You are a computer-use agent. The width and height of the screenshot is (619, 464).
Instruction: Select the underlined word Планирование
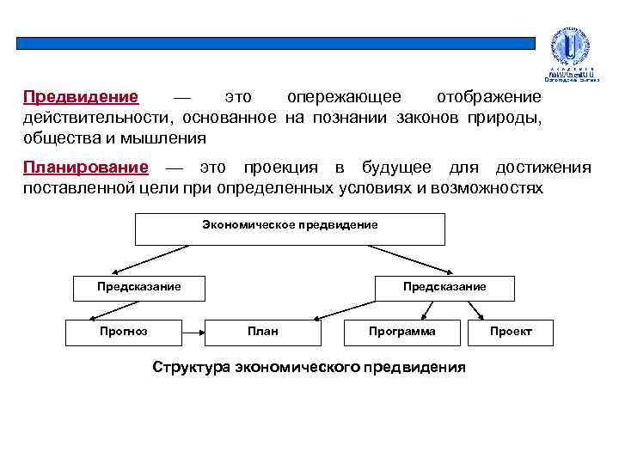pos(86,167)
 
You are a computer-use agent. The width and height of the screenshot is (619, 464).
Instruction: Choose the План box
pos(262,332)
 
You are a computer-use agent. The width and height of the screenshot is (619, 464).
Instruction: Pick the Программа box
pos(401,332)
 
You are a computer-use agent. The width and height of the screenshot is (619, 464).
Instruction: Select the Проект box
pos(511,332)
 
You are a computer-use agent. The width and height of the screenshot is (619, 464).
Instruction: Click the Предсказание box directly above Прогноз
pos(138,287)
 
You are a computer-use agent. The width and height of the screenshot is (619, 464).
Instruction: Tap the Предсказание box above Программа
pos(444,287)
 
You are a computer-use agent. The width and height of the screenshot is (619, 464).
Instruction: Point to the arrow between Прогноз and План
pos(191,332)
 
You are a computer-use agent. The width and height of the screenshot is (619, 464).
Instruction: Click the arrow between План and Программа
pos(331,332)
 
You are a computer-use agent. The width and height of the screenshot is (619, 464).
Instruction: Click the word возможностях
pos(493,186)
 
